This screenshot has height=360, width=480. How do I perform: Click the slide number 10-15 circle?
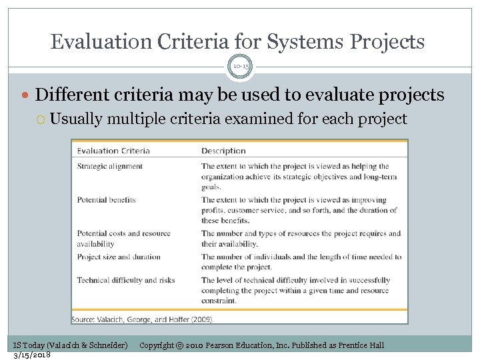[240, 67]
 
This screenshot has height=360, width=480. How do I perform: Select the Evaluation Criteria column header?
[113, 151]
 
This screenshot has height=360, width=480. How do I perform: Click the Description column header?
[223, 151]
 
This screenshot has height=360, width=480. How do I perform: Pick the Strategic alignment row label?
[110, 166]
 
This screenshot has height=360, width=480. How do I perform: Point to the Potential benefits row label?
[107, 199]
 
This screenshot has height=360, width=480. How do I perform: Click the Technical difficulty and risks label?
[126, 280]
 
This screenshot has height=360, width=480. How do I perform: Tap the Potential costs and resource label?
[124, 233]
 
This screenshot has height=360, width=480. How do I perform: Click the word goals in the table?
[213, 188]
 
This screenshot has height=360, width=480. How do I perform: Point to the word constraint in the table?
[221, 301]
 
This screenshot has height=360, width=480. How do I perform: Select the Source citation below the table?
[143, 320]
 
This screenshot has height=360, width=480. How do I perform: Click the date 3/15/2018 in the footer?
[31, 355]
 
